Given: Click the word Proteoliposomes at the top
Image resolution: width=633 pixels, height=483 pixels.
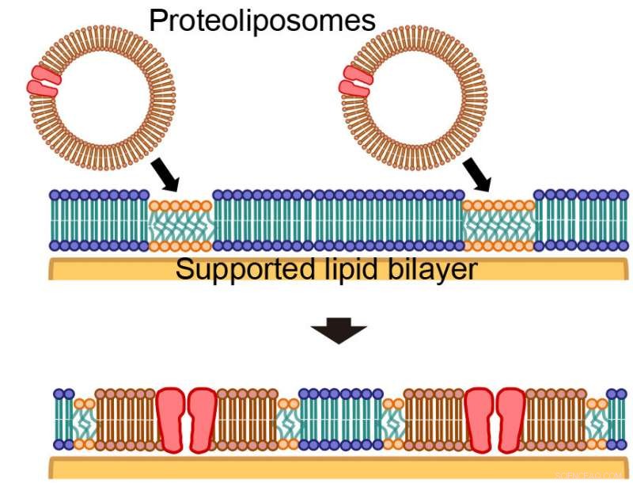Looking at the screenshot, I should pyautogui.click(x=262, y=21).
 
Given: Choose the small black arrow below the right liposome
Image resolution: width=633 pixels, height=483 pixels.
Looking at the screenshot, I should pyautogui.click(x=476, y=173).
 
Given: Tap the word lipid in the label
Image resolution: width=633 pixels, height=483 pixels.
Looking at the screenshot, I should pyautogui.click(x=341, y=270).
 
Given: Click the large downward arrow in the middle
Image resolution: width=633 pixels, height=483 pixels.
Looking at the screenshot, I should pyautogui.click(x=339, y=332).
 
